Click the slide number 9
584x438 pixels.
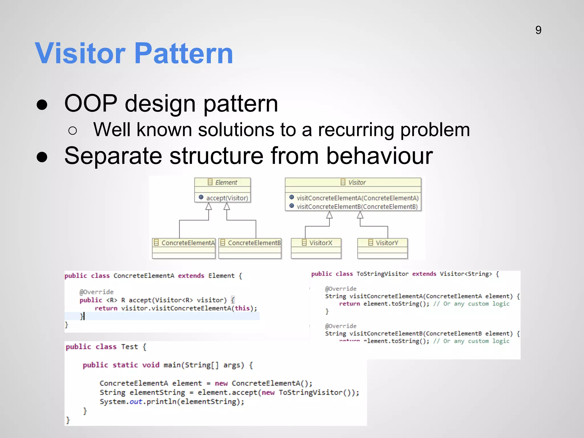[x=538, y=30]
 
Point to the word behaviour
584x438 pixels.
[x=379, y=156]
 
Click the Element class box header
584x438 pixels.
[x=222, y=182]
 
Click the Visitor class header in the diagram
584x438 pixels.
[x=353, y=182]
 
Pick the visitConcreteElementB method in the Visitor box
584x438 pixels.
[x=357, y=206]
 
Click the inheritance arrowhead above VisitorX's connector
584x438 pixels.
[x=329, y=215]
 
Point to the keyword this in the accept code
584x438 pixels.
[x=242, y=308]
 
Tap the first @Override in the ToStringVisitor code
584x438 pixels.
[x=340, y=289]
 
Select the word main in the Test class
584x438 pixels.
[x=172, y=365]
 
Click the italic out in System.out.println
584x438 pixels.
[x=136, y=402]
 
